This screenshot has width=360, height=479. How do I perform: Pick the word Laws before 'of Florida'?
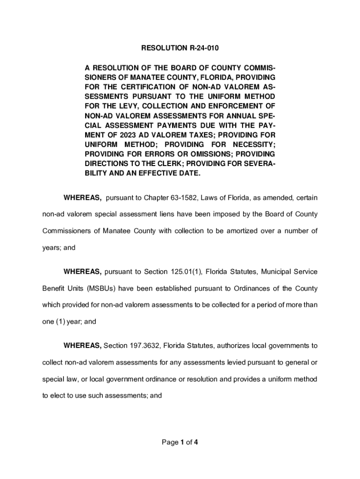(x=220, y=198)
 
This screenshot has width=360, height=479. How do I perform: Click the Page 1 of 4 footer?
(x=180, y=442)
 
